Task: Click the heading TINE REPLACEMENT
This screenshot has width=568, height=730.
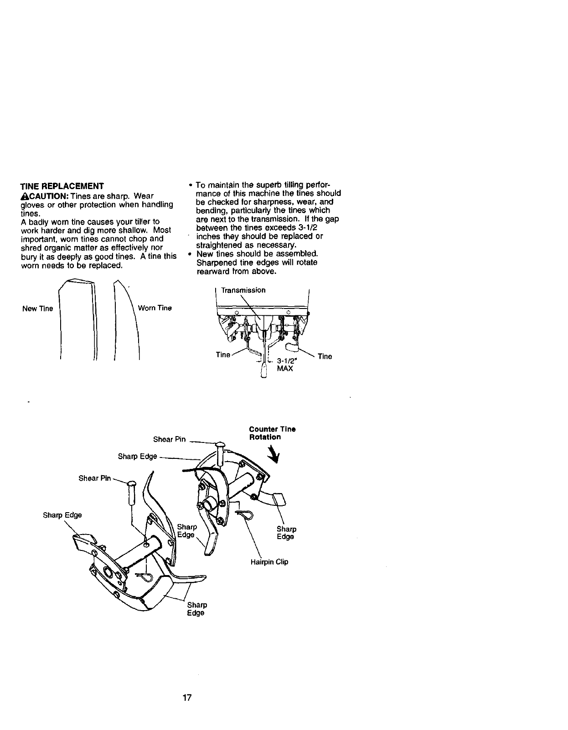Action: (62, 186)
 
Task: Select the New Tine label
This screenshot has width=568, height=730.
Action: (38, 309)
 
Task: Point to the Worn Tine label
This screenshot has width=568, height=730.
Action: (155, 308)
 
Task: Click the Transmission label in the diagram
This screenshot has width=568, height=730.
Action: (243, 290)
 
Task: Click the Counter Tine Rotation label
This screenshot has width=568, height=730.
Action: (272, 433)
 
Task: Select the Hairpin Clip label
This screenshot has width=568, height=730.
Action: (269, 562)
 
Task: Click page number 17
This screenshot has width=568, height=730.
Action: (186, 698)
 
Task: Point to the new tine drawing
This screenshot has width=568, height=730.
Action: (78, 319)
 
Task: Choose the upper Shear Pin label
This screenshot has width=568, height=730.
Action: (170, 439)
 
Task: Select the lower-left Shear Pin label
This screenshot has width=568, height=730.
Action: (95, 478)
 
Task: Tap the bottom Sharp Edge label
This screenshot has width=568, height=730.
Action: (197, 609)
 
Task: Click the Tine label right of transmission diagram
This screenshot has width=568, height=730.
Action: (325, 357)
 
